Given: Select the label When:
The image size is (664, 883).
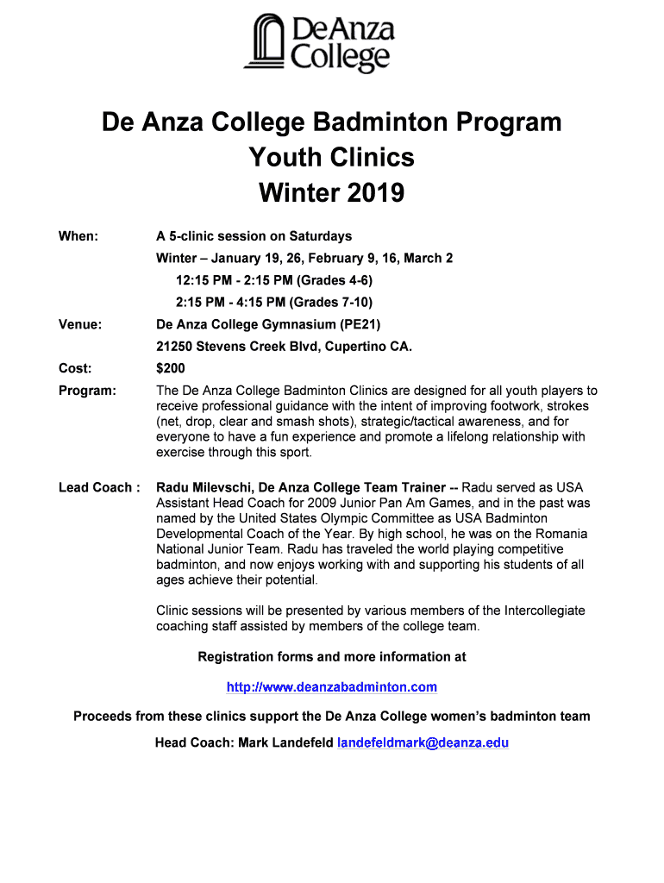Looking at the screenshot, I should (x=78, y=236).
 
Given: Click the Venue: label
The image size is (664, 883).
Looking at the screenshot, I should (x=80, y=325).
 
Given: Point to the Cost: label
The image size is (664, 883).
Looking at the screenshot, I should (x=75, y=369).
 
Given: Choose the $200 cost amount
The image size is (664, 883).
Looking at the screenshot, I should (x=172, y=369).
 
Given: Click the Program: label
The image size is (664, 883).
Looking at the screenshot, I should (x=87, y=391).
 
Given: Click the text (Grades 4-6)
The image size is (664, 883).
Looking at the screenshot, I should (x=335, y=280).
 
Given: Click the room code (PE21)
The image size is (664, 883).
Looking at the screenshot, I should (x=360, y=325).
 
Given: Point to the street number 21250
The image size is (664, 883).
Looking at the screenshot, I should (x=175, y=347).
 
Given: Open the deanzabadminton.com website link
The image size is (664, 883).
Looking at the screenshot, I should (x=332, y=687).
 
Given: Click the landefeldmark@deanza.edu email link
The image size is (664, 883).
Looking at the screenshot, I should (x=423, y=742).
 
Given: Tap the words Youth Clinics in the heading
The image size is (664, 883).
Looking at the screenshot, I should (x=332, y=158).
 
